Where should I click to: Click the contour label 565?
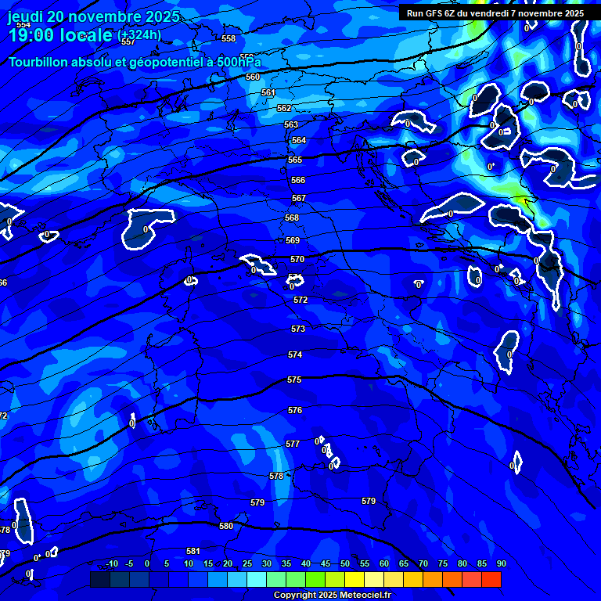coord(294,160)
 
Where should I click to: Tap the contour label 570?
coord(297,259)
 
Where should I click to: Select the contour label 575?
coord(294,380)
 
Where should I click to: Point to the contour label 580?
coord(226,526)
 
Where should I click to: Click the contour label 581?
coord(193,552)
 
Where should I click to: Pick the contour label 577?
coord(293,444)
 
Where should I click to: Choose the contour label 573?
coord(297,329)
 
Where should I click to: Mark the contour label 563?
coord(291,124)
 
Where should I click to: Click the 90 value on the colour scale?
coord(501,563)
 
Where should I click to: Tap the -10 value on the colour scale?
coord(112,563)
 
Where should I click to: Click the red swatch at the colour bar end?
coord(491,579)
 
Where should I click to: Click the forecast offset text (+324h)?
coord(139,35)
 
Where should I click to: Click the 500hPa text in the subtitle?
coord(240,62)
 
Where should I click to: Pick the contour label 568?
coord(292,218)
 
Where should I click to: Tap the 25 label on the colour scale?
coord(247,563)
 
